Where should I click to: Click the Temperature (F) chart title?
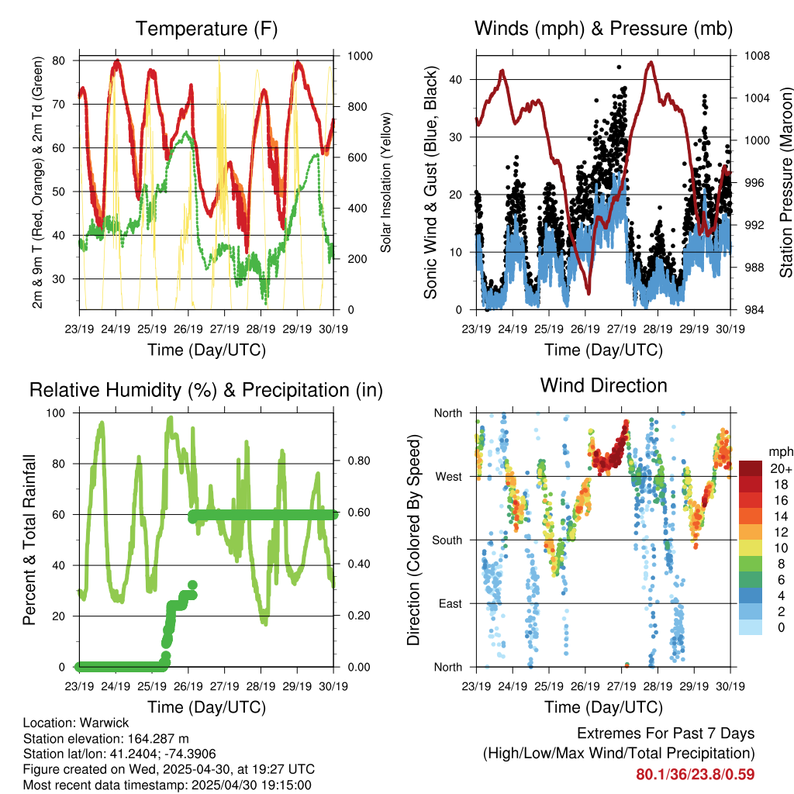(x=206, y=29)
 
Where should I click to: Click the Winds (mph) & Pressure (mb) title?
(x=603, y=29)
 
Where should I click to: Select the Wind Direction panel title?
(x=603, y=385)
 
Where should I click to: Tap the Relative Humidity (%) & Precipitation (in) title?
(x=206, y=391)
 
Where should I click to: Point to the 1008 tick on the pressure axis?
(x=757, y=56)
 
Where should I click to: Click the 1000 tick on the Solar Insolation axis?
(x=360, y=56)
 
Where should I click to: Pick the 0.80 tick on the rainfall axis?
(x=359, y=461)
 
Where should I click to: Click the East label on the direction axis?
(x=451, y=603)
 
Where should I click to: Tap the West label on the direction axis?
(x=449, y=477)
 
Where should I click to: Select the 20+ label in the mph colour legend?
(x=781, y=468)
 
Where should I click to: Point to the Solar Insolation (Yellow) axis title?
(x=386, y=182)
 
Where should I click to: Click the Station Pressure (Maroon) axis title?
(x=786, y=182)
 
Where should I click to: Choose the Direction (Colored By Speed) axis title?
(x=414, y=540)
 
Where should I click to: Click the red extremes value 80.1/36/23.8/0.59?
(x=696, y=775)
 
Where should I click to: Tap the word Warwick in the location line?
(x=105, y=723)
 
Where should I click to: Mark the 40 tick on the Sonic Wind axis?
(x=455, y=80)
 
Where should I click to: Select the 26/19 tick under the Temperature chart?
(x=188, y=329)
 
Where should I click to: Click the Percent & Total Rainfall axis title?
(x=29, y=540)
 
